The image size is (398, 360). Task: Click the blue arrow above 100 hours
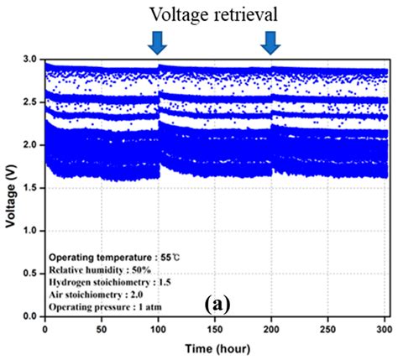[x=157, y=41]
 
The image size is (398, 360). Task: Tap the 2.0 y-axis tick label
[x=31, y=145]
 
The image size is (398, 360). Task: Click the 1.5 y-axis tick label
[x=31, y=188]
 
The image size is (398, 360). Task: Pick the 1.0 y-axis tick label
[x=31, y=231]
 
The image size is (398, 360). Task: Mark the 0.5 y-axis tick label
[x=31, y=274]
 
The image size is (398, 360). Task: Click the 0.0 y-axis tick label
[x=31, y=316]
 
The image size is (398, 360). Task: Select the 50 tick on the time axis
[x=101, y=327]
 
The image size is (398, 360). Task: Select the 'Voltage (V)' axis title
[x=10, y=187]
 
